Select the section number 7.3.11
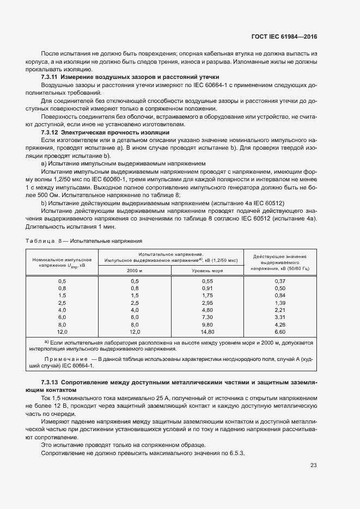tap(50, 77)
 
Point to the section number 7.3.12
tap(50, 132)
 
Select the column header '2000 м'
tap(135, 270)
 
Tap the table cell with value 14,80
tap(208, 331)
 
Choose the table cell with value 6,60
tap(280, 331)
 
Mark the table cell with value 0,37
tap(280, 280)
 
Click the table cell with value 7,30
tap(208, 316)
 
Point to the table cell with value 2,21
tap(280, 309)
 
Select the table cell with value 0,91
tap(208, 287)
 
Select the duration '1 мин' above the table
tap(91, 226)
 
